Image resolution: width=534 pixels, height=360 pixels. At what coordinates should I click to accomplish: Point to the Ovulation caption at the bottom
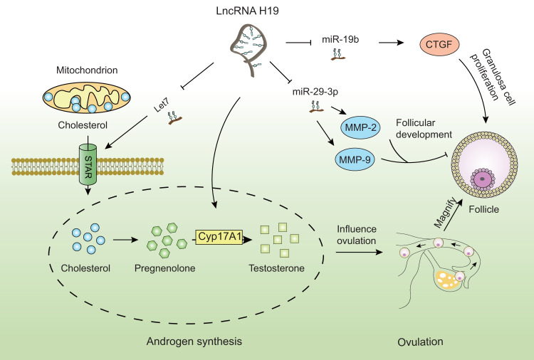419,342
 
